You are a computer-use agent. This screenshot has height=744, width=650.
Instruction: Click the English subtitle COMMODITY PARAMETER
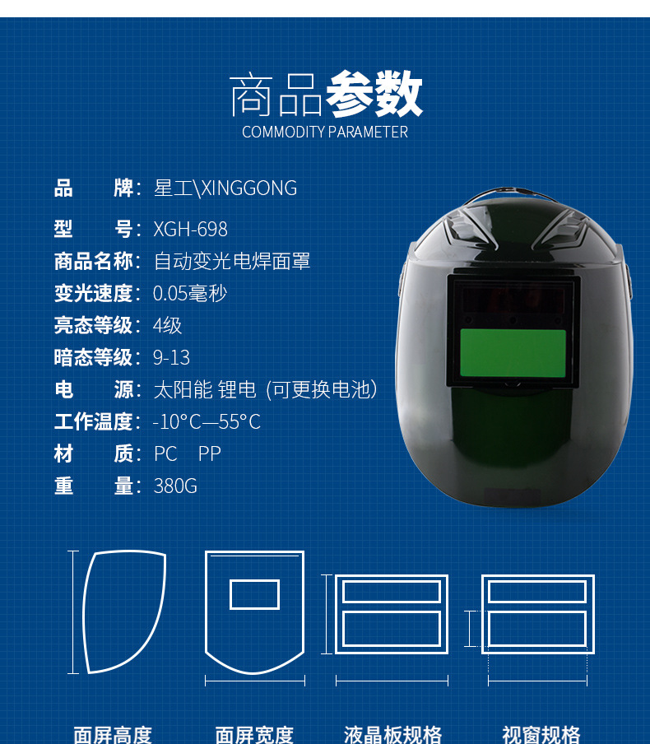[325, 132]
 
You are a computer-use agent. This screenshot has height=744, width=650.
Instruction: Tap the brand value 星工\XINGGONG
[225, 188]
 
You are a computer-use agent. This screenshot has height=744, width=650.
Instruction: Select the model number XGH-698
[190, 229]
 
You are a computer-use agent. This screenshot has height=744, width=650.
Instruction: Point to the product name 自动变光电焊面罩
[232, 262]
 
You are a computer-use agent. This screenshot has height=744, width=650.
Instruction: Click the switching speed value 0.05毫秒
[190, 294]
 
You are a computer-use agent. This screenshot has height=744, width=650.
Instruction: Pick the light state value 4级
[167, 325]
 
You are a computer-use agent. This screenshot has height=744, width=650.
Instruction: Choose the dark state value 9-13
[171, 357]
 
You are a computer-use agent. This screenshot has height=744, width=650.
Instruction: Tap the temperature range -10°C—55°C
[207, 422]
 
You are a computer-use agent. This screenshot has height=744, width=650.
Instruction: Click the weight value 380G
[175, 486]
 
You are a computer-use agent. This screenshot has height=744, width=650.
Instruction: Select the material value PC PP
[188, 454]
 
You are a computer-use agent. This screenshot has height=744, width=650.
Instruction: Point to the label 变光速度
[93, 294]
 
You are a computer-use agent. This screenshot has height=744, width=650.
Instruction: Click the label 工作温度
[93, 422]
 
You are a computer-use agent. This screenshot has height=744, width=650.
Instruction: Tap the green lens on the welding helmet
[513, 353]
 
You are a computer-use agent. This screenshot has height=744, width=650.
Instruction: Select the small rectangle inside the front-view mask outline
[254, 594]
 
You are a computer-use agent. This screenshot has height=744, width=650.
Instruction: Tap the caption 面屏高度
[113, 734]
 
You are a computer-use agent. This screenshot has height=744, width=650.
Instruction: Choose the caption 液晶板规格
[392, 734]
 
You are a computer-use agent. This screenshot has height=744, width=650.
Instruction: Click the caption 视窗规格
[541, 734]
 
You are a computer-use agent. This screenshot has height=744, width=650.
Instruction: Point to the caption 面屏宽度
[254, 734]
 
